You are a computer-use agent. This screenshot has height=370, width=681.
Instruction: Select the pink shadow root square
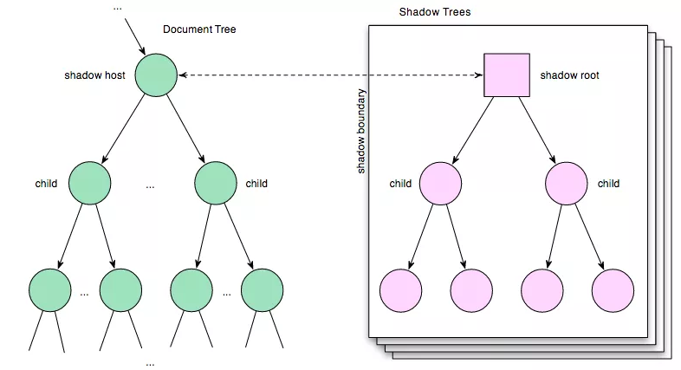[x=506, y=75]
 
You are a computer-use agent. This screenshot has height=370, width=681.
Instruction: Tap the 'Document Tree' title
[x=199, y=29]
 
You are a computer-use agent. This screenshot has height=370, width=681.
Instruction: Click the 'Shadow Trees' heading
[x=435, y=13]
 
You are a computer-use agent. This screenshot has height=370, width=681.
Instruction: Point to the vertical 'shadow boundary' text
[x=361, y=130]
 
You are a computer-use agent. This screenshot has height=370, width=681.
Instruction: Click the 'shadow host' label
[x=94, y=75]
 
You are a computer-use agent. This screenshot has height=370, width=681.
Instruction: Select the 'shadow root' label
[x=569, y=75]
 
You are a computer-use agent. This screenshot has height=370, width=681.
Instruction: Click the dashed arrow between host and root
[x=329, y=75]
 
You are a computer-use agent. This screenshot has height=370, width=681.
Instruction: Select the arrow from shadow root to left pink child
[x=473, y=130]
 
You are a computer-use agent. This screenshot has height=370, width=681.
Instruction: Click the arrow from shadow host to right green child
[x=186, y=129]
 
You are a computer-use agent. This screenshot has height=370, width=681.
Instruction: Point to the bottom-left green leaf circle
[x=49, y=290]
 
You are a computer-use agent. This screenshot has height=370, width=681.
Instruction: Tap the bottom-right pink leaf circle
[x=613, y=290]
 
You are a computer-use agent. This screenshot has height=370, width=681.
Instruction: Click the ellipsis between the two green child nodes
[x=151, y=185]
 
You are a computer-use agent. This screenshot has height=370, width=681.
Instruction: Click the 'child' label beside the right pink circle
[x=608, y=184]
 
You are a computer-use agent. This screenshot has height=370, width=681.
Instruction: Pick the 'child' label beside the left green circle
[x=46, y=184]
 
